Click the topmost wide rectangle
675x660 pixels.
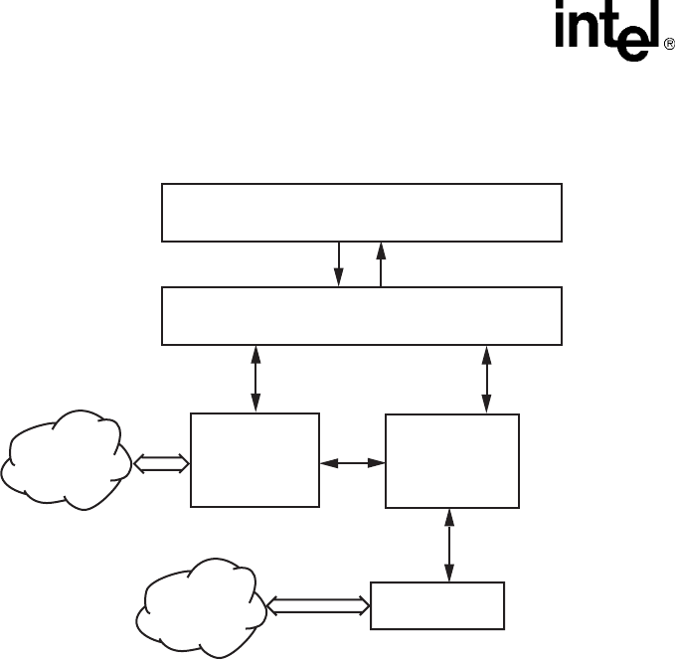coord(362,212)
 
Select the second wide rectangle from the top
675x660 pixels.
coord(362,316)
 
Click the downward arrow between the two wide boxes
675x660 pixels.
coord(340,264)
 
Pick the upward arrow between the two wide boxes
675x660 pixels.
coord(381,264)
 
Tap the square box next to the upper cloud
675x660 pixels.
coord(254,460)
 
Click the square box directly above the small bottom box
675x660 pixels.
coord(452,461)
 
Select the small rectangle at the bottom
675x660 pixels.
coord(437,604)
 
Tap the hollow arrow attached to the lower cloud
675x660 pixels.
coord(318,604)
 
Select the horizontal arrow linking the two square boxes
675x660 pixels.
coord(353,462)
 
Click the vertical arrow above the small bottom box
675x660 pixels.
coord(451,545)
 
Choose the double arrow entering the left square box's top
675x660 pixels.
coord(256,379)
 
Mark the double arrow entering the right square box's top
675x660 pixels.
coord(487,379)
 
